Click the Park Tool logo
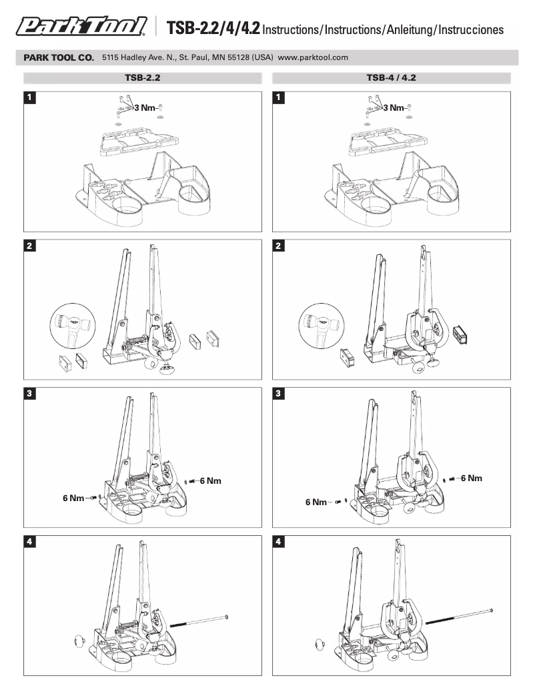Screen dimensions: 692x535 click(x=81, y=27)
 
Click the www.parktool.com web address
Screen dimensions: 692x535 click(x=313, y=58)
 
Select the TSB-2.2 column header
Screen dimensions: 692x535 click(x=143, y=77)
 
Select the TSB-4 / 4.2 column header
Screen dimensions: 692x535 click(x=391, y=77)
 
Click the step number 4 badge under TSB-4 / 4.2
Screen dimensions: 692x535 click(x=279, y=543)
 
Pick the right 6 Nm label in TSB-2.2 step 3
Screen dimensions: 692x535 click(x=210, y=481)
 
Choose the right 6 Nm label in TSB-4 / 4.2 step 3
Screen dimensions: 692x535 click(x=471, y=478)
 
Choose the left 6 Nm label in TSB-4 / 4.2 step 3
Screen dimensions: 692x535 click(x=317, y=502)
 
